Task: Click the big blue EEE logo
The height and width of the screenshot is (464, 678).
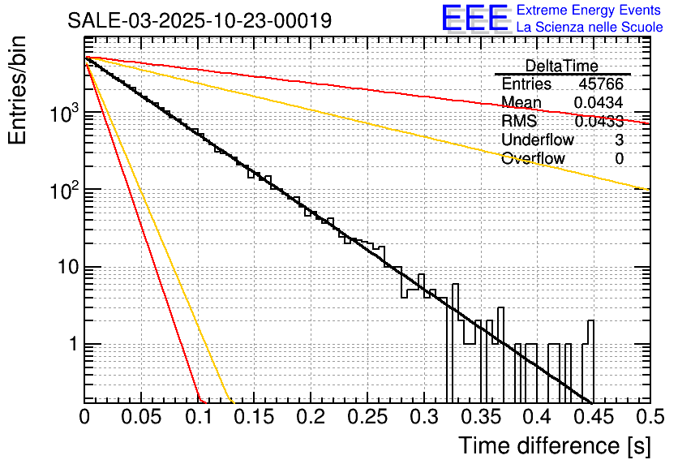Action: click(x=474, y=19)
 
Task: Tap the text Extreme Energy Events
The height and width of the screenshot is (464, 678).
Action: click(x=590, y=11)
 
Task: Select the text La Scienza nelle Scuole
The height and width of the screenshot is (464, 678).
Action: click(x=590, y=28)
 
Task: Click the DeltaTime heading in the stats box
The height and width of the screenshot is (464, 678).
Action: click(x=562, y=66)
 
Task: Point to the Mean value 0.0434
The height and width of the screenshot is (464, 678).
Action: click(x=599, y=103)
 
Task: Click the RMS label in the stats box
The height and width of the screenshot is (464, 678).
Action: click(x=519, y=122)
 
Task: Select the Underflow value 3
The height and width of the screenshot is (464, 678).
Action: click(x=619, y=140)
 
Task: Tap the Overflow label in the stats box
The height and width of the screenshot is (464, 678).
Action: click(x=533, y=159)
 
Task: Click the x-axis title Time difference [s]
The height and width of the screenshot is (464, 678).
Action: click(x=554, y=445)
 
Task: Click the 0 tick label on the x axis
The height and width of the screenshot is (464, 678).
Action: click(x=85, y=417)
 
